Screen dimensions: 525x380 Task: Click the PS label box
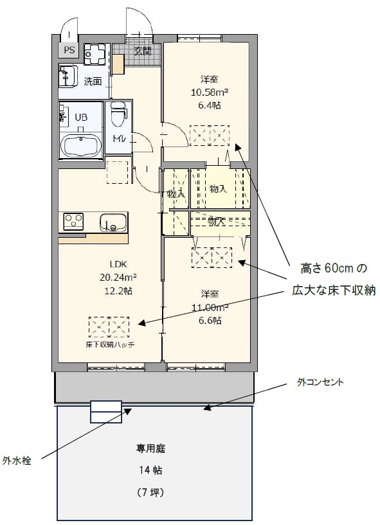point(68,50)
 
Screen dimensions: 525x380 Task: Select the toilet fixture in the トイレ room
point(118,115)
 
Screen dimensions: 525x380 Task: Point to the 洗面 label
point(93,81)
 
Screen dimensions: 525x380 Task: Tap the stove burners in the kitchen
point(73,222)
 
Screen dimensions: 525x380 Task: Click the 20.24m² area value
point(117,278)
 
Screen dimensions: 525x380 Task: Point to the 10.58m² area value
point(210,92)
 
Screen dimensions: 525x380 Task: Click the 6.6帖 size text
point(210,320)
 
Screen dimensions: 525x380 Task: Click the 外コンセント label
point(320,382)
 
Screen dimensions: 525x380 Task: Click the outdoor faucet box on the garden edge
point(105,412)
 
